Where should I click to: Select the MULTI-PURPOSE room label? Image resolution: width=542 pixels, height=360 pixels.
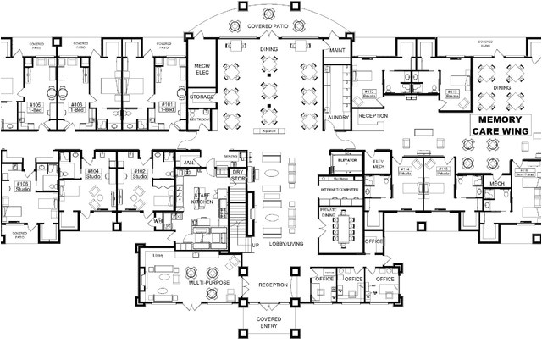[208, 282]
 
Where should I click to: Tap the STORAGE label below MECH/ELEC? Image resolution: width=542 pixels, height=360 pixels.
[202, 97]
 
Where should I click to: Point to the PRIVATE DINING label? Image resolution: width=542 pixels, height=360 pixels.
[329, 212]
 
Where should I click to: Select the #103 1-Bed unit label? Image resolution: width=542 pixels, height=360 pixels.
[77, 107]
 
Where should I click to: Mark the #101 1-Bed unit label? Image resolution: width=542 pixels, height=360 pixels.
[168, 107]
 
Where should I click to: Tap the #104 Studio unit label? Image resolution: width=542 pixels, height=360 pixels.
[93, 175]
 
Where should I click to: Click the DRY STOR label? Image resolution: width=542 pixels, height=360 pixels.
[238, 175]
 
